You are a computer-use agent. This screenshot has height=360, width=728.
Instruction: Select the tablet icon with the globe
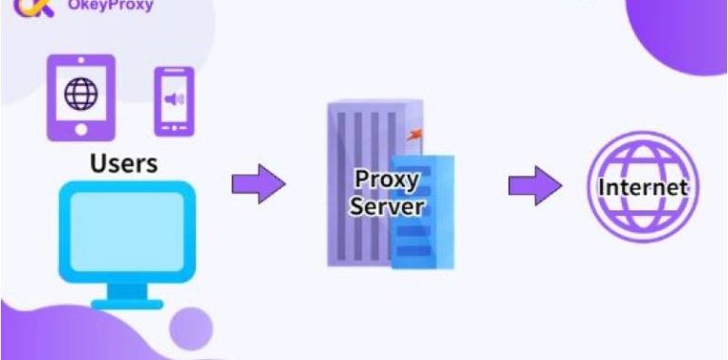click(81, 97)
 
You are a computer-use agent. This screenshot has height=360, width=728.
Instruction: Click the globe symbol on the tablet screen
click(81, 94)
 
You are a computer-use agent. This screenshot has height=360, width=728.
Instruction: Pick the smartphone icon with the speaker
click(173, 100)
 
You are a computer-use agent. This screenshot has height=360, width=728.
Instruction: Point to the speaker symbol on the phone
click(173, 99)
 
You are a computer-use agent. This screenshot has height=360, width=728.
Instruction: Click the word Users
click(123, 163)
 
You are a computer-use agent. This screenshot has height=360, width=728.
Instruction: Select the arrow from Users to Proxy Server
click(258, 183)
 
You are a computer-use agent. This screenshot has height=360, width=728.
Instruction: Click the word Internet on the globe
click(641, 188)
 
